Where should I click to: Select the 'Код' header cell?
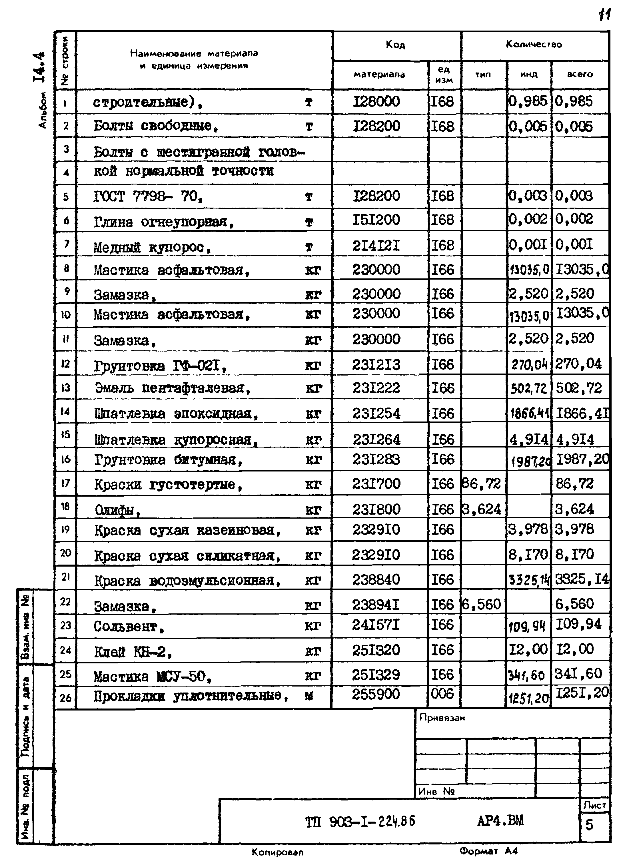click(x=395, y=45)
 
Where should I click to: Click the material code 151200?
click(x=376, y=220)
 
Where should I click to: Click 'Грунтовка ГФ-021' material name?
click(x=160, y=366)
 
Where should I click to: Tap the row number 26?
click(x=65, y=698)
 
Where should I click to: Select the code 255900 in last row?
click(x=376, y=694)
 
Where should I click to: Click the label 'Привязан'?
click(x=442, y=718)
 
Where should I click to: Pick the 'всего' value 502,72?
click(x=579, y=388)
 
